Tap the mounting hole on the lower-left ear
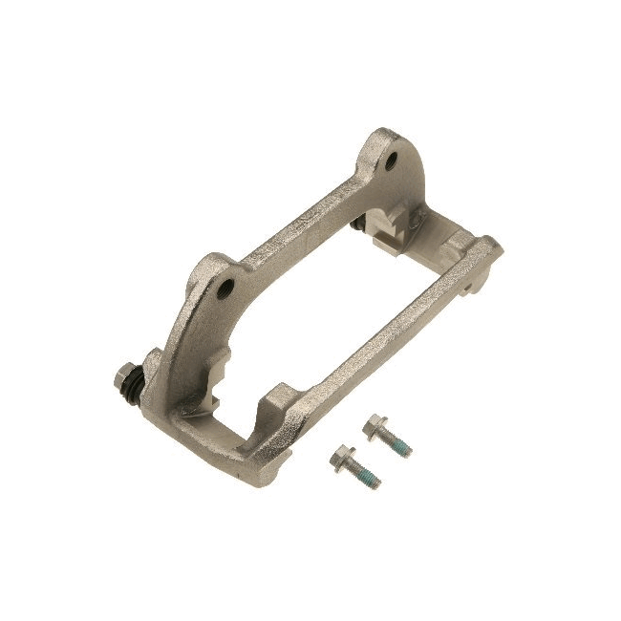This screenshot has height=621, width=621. point(226,287)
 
